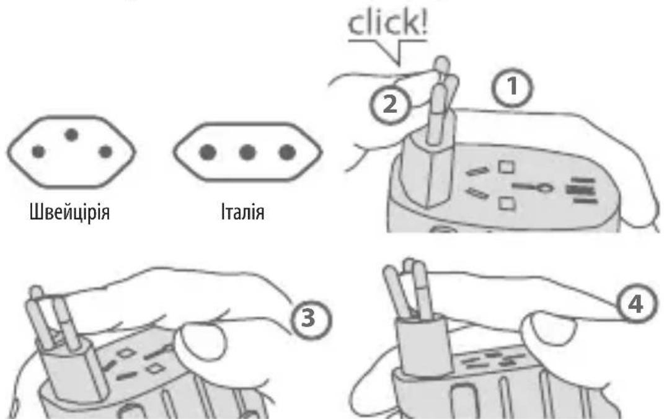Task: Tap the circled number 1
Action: click(x=512, y=87)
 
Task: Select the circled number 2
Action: click(x=390, y=104)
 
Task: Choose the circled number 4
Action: click(x=636, y=304)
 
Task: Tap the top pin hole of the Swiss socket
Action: click(x=71, y=135)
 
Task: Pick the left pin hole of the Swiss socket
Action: click(x=38, y=151)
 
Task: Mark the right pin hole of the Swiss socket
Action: click(x=105, y=151)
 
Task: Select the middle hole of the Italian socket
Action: click(x=247, y=152)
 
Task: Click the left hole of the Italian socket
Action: click(x=208, y=152)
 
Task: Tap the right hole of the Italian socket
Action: click(x=287, y=152)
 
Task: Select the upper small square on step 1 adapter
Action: click(x=507, y=167)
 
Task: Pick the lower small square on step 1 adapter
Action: click(x=507, y=203)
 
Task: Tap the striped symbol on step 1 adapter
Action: click(x=580, y=190)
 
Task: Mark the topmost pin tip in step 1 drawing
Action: click(x=442, y=62)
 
